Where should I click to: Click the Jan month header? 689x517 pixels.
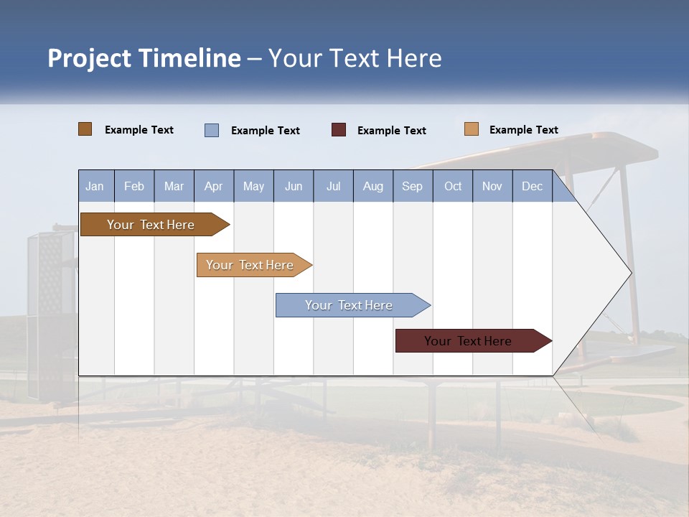[x=95, y=186]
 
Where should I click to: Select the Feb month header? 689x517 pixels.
[x=134, y=186]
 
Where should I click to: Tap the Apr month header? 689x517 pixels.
[x=214, y=186]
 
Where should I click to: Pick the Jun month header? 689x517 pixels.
[x=294, y=186]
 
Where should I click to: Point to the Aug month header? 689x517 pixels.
[x=372, y=186]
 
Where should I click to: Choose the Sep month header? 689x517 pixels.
[x=412, y=186]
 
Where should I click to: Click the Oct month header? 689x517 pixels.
[x=453, y=186]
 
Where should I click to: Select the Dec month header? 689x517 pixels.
[x=532, y=186]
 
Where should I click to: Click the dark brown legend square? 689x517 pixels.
[x=85, y=129]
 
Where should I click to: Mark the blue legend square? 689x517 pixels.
[x=212, y=130]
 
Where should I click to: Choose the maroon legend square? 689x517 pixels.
[x=339, y=130]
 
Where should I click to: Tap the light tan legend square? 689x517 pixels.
[x=472, y=129]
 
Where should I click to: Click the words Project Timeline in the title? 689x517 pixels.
[x=144, y=58]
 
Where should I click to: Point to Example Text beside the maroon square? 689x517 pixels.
[x=391, y=131]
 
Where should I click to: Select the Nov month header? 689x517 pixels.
[x=492, y=186]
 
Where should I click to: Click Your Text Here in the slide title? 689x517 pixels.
[x=355, y=58]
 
